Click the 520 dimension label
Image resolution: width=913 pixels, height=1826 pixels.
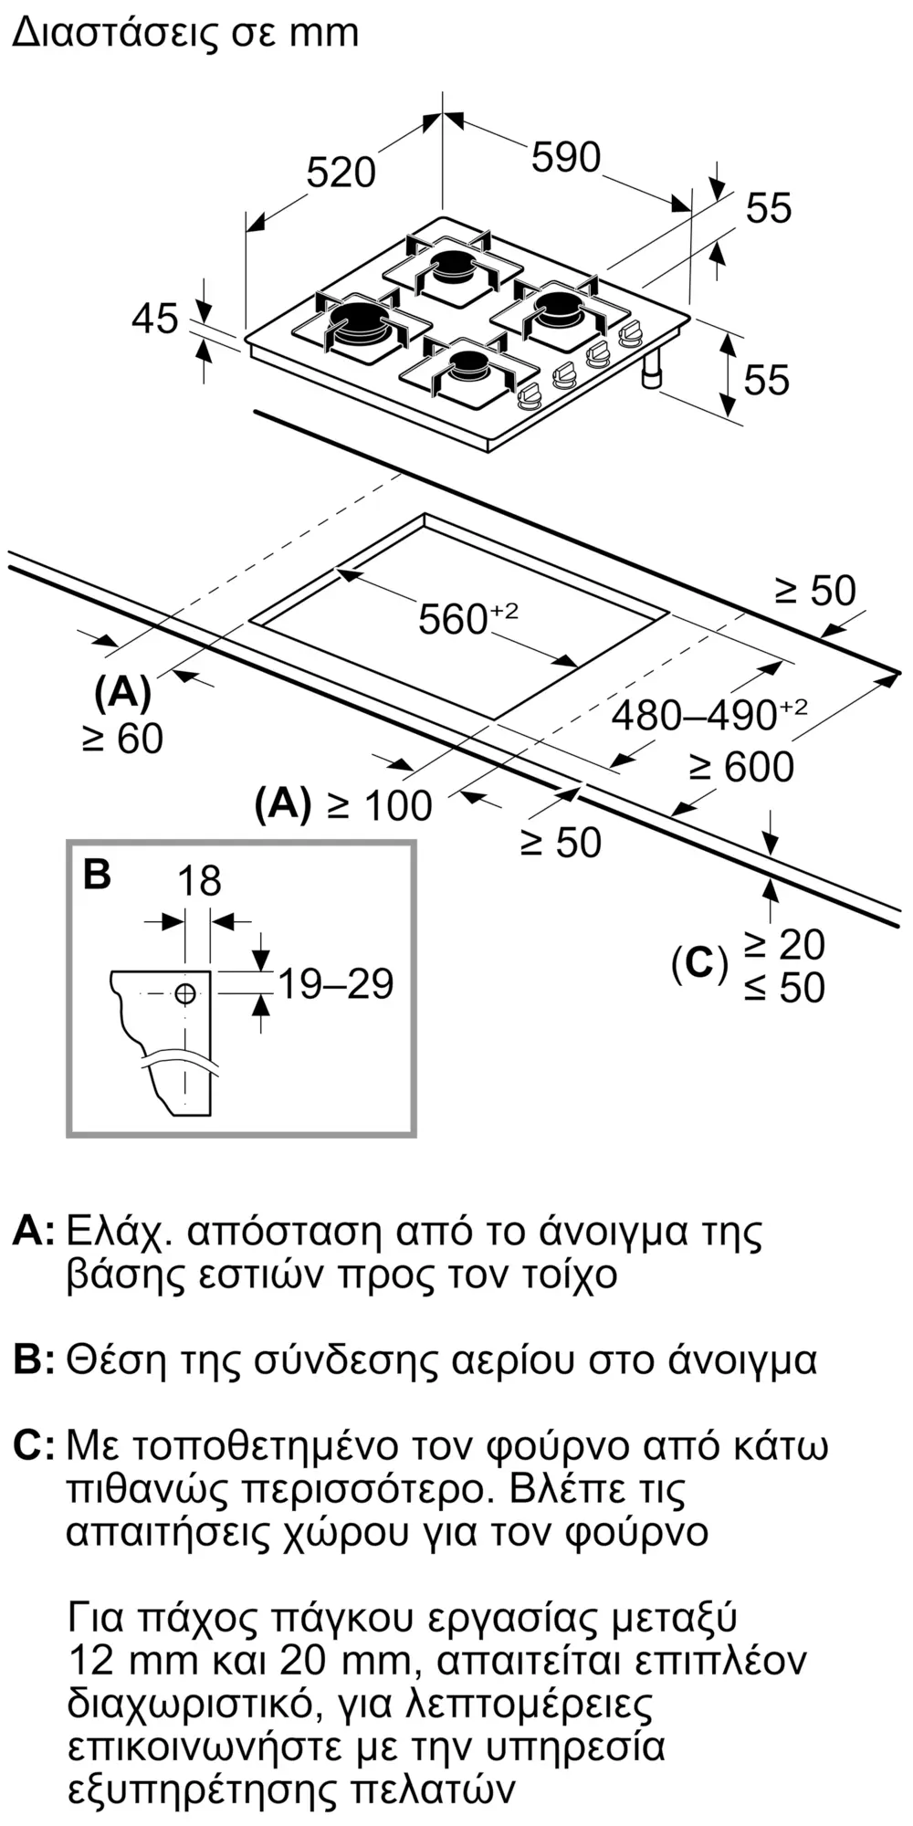point(341,173)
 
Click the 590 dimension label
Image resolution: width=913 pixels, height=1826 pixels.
point(566,157)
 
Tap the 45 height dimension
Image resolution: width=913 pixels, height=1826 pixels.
point(155,319)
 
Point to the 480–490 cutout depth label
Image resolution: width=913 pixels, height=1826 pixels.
point(709,714)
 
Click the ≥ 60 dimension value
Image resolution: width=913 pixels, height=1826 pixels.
point(123,739)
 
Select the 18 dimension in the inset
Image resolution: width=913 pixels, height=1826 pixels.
point(199,881)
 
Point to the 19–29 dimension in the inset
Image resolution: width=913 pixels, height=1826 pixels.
point(335,983)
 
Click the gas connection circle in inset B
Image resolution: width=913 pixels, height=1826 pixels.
point(185,994)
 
